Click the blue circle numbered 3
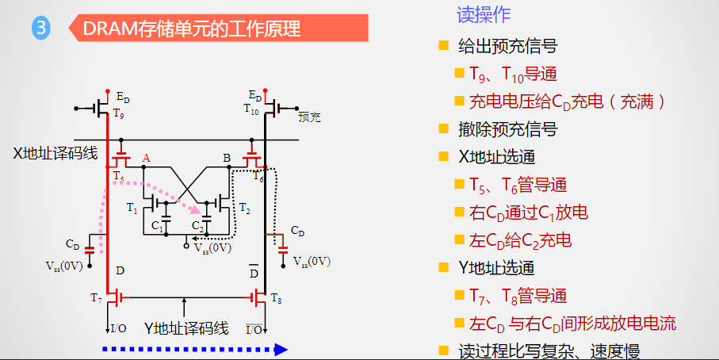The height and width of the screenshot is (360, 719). (x=41, y=29)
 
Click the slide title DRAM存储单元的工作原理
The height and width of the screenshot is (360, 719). (x=191, y=29)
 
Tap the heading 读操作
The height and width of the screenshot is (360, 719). (x=484, y=14)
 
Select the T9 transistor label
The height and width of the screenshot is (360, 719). (x=119, y=114)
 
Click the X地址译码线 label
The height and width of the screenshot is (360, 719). (x=55, y=153)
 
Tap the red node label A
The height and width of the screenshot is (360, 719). (x=145, y=159)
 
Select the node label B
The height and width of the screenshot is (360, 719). (x=227, y=159)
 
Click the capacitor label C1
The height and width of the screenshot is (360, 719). (x=158, y=226)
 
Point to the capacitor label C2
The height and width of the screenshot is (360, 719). (x=198, y=226)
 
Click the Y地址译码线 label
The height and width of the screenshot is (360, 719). (x=186, y=327)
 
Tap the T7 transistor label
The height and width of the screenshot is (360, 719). (x=96, y=297)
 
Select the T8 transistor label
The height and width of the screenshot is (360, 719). (x=276, y=297)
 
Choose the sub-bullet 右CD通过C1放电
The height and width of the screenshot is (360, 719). (x=528, y=213)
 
